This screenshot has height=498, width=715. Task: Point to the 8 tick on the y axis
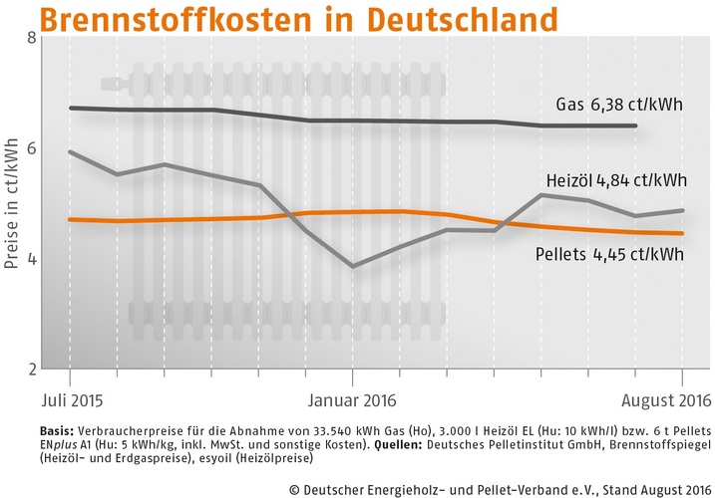point(31,39)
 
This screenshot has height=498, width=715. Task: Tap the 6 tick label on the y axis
point(31,148)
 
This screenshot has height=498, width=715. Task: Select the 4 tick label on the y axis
point(31,259)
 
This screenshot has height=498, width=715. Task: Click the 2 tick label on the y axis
point(31,370)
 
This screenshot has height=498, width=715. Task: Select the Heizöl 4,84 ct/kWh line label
point(616,180)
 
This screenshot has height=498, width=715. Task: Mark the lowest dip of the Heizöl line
point(352,266)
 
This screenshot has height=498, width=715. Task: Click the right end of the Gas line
point(636,125)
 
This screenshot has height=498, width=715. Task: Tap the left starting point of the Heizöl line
point(70,151)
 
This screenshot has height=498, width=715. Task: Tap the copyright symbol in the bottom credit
point(296,487)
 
